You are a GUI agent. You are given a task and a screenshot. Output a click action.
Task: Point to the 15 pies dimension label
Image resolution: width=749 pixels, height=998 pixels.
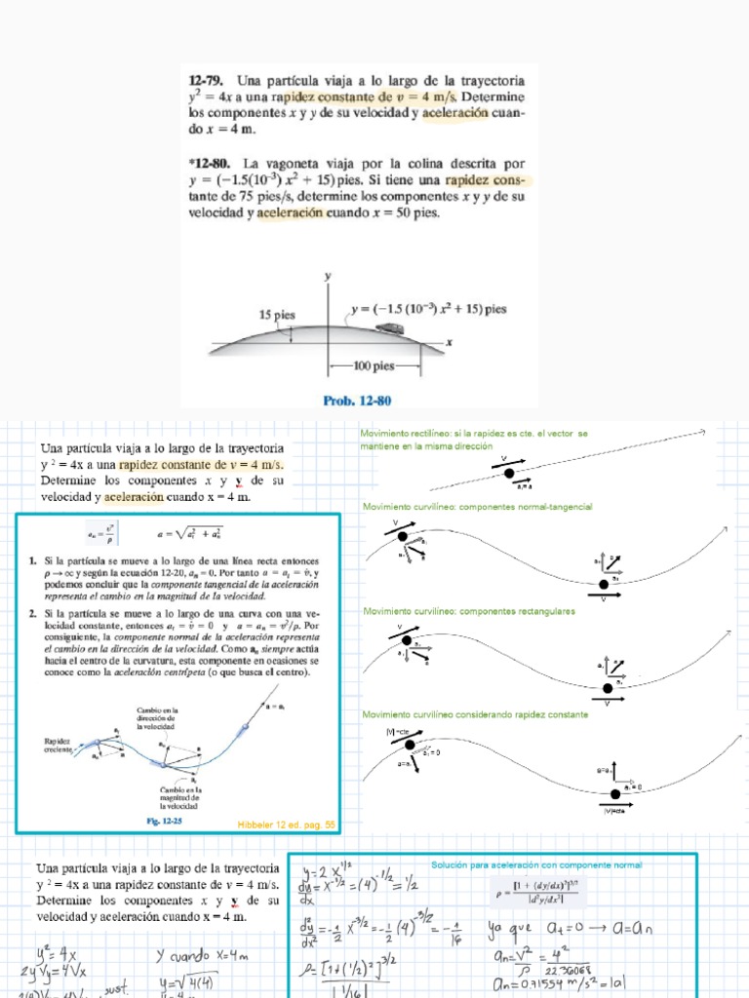coord(278,315)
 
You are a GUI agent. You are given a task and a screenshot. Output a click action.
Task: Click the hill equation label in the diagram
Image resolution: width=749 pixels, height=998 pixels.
coord(429,309)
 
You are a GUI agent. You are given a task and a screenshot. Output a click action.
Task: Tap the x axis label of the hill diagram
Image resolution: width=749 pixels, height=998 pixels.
coord(451,342)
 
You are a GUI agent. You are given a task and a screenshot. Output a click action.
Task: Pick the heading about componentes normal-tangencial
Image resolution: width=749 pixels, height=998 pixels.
coord(477,507)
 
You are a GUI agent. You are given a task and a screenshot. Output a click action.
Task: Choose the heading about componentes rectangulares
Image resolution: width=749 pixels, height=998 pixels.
coord(468,611)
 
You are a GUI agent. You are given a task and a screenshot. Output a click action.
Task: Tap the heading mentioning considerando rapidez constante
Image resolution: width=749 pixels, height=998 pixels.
coord(475,714)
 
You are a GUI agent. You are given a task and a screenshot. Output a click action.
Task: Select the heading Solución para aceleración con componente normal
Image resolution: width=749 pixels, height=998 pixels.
coord(536,864)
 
